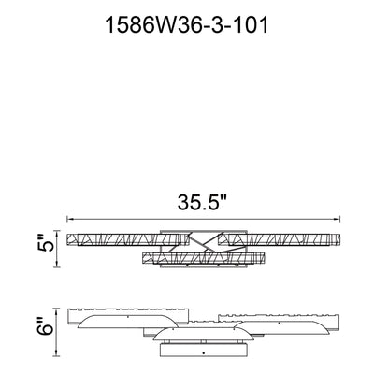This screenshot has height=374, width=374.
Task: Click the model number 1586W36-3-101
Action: point(187,25)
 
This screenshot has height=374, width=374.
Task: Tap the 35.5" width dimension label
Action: point(201,202)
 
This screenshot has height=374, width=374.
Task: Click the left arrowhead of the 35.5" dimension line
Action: point(70,220)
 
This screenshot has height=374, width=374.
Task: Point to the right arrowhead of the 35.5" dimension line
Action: point(337,220)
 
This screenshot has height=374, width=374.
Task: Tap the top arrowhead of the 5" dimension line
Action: point(56,234)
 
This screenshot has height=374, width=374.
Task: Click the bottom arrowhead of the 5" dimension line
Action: point(56,265)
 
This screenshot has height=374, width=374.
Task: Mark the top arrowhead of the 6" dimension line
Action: point(56,311)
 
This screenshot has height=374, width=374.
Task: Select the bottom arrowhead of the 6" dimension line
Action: point(56,353)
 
